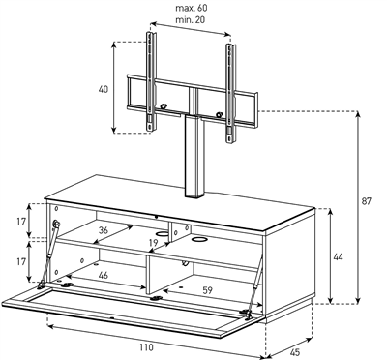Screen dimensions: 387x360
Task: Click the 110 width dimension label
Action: point(146,347)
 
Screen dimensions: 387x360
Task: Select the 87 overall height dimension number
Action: point(366,201)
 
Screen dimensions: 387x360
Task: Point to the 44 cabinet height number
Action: point(338,257)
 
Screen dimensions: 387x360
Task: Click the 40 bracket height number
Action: point(104,89)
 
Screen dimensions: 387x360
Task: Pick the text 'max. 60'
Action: point(191,8)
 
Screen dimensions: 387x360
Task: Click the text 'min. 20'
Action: point(191,19)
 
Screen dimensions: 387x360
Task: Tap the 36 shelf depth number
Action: point(104,230)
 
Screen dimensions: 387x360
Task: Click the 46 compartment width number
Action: point(104,275)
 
